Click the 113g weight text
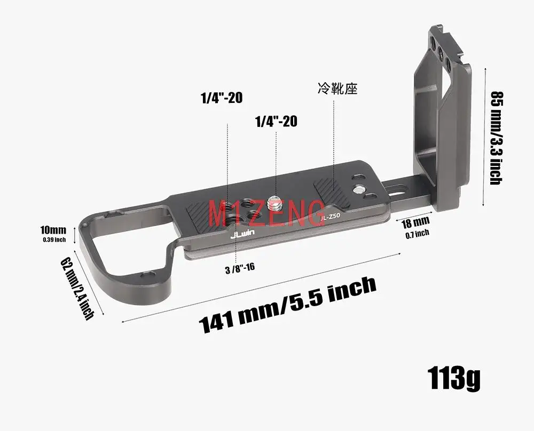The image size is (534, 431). [x=453, y=378]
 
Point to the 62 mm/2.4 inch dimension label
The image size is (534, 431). [x=78, y=289]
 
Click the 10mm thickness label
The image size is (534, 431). [x=53, y=230]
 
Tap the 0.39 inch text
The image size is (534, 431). [x=54, y=240]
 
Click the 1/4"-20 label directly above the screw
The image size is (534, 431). [x=276, y=121]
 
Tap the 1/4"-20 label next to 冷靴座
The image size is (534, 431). [x=222, y=98]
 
